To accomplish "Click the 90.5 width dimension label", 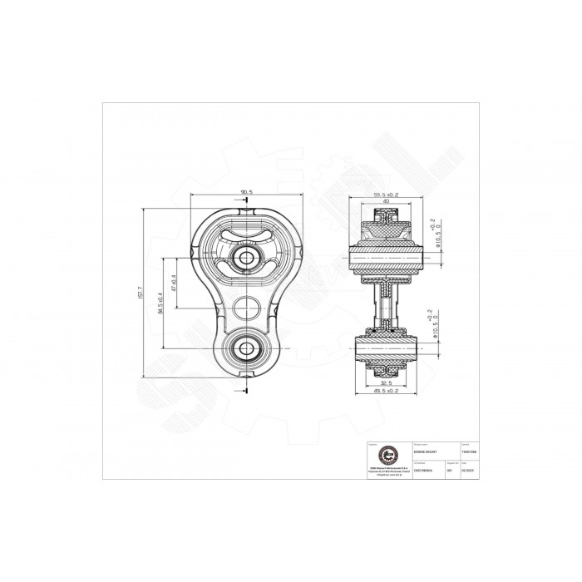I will pyautogui.click(x=245, y=192).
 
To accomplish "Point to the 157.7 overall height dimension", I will pyautogui.click(x=142, y=293).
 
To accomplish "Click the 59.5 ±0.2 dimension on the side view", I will pyautogui.click(x=384, y=195).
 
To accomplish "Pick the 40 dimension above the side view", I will pyautogui.click(x=384, y=202).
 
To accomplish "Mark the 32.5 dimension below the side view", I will pyautogui.click(x=383, y=383).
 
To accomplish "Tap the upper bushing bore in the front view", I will pyautogui.click(x=247, y=258).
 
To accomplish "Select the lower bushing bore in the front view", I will pyautogui.click(x=247, y=348).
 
